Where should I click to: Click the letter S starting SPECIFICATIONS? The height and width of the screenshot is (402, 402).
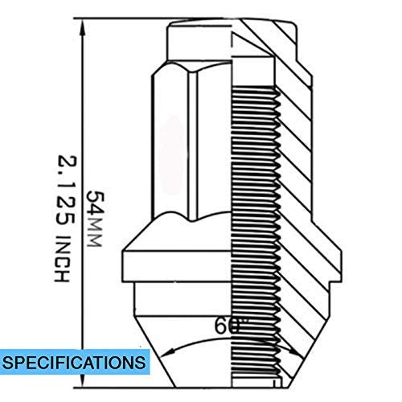click(x=14, y=361)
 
